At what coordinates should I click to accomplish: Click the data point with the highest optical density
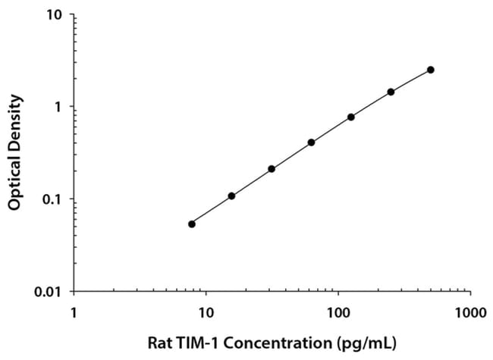point(431,70)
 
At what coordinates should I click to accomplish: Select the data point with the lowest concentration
point(192,224)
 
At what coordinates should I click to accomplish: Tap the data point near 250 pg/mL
point(391,92)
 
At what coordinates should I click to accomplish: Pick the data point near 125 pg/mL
point(351,117)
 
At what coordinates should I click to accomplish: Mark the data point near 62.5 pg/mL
point(311,142)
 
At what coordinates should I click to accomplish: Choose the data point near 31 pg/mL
point(272,168)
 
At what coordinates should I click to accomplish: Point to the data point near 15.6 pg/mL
point(231,196)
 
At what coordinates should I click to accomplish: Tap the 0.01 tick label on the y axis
point(50,292)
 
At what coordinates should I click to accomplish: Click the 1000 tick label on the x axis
point(470,311)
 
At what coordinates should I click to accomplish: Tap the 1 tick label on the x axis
point(74,311)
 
